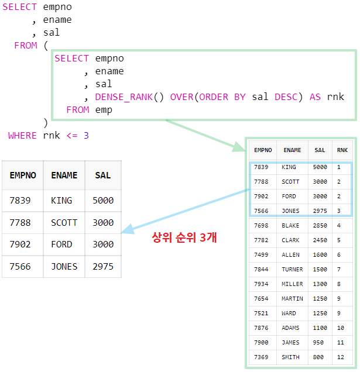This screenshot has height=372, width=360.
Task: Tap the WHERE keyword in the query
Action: (22, 135)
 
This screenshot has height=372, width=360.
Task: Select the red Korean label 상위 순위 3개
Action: (184, 237)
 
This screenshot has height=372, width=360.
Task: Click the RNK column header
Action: (342, 150)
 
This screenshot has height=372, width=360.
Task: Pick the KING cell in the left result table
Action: (61, 200)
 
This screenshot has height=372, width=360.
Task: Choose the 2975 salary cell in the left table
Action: (103, 266)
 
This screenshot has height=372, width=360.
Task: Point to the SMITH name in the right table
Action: (290, 357)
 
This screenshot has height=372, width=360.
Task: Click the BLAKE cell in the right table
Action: (290, 225)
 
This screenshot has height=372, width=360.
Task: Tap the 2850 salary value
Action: (320, 225)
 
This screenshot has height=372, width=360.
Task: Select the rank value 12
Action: (341, 357)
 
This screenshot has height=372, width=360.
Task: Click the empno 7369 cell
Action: (261, 357)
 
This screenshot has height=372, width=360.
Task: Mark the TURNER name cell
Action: (292, 269)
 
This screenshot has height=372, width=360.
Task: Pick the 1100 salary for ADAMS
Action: (320, 328)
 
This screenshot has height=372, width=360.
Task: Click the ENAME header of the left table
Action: (64, 175)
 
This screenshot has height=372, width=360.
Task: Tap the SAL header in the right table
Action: (320, 150)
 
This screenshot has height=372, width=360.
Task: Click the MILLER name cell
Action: (292, 284)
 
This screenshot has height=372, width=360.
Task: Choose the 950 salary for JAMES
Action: (318, 342)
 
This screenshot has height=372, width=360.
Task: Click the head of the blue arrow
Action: (125, 231)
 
